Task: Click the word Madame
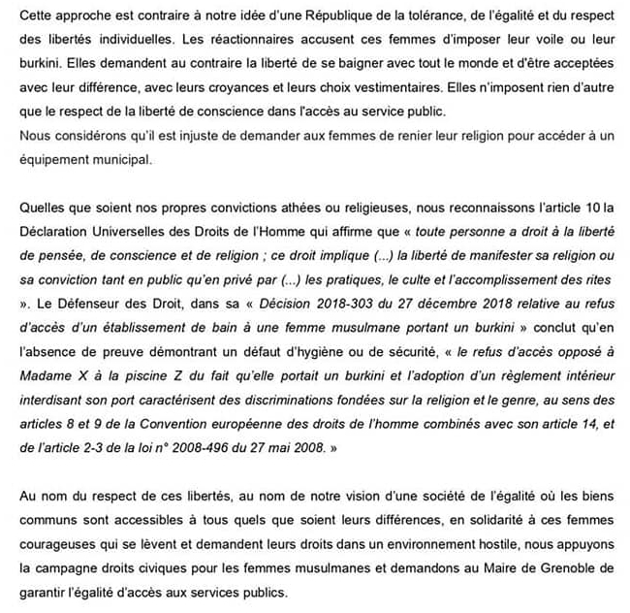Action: pos(46,371)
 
